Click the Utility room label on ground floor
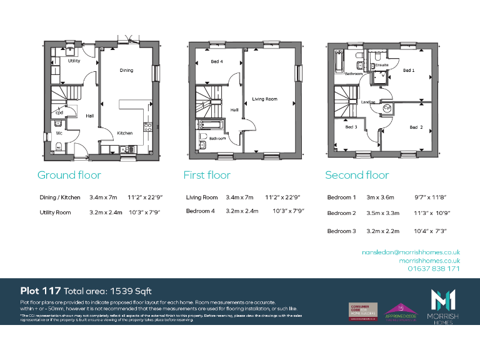pyautogui.click(x=74, y=61)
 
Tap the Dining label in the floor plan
pyautogui.click(x=127, y=70)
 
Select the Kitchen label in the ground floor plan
pyautogui.click(x=125, y=133)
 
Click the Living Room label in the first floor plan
pyautogui.click(x=264, y=99)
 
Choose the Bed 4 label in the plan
pyautogui.click(x=216, y=61)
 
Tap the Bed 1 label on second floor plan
pyautogui.click(x=408, y=71)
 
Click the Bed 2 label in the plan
pyautogui.click(x=416, y=127)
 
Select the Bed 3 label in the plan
pyautogui.click(x=351, y=127)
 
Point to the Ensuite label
pyautogui.click(x=381, y=64)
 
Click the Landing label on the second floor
pyautogui.click(x=368, y=101)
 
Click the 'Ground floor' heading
pyautogui.click(x=69, y=175)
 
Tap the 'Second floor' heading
pyautogui.click(x=357, y=175)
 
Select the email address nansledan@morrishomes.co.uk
pyautogui.click(x=411, y=251)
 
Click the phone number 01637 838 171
pyautogui.click(x=434, y=268)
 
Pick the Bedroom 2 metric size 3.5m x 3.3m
pyautogui.click(x=382, y=213)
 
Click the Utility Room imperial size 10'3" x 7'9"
pyautogui.click(x=144, y=212)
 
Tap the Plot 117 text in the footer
pyautogui.click(x=40, y=291)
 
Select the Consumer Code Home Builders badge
pyautogui.click(x=362, y=311)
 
